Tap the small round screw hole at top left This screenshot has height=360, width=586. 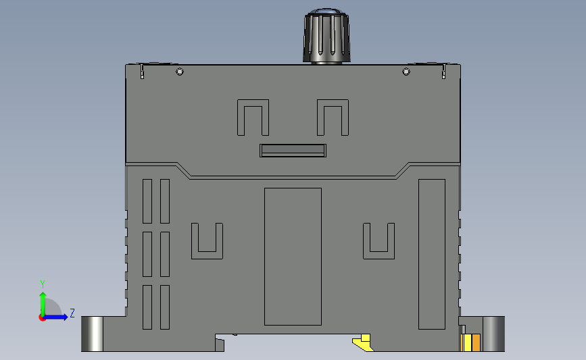tap(180, 72)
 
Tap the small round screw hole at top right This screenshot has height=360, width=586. tap(406, 72)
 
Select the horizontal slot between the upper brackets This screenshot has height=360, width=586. tap(293, 151)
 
